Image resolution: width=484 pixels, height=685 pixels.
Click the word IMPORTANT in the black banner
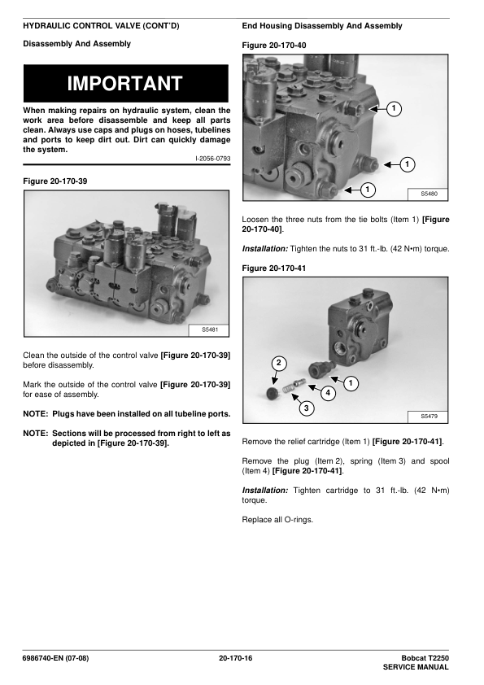(x=125, y=84)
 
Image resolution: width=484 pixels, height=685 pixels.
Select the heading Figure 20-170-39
(x=55, y=181)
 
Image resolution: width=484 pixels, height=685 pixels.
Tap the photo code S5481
(x=209, y=329)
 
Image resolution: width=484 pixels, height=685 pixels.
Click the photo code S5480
(x=429, y=194)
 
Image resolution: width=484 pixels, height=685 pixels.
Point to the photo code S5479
(x=429, y=417)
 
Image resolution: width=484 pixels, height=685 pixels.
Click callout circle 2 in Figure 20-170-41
(x=279, y=364)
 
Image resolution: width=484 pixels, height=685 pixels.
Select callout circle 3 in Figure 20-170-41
(x=306, y=408)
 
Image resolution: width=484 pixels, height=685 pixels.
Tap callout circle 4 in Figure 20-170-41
(x=328, y=393)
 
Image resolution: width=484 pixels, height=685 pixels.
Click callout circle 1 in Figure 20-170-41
(x=351, y=383)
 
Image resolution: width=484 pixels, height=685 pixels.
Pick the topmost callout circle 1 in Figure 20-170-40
(x=394, y=108)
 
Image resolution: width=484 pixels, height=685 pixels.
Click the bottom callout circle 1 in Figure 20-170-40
(x=368, y=190)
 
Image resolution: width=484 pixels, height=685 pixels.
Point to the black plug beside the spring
(x=273, y=392)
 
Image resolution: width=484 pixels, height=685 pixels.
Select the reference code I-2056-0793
(x=213, y=159)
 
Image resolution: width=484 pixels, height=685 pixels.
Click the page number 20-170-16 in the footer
(x=235, y=658)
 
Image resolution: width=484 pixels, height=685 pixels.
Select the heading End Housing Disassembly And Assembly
(x=322, y=26)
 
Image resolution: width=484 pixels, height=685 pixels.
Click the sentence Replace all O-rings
(x=277, y=520)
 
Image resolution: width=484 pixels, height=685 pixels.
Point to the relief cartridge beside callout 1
(x=320, y=369)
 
